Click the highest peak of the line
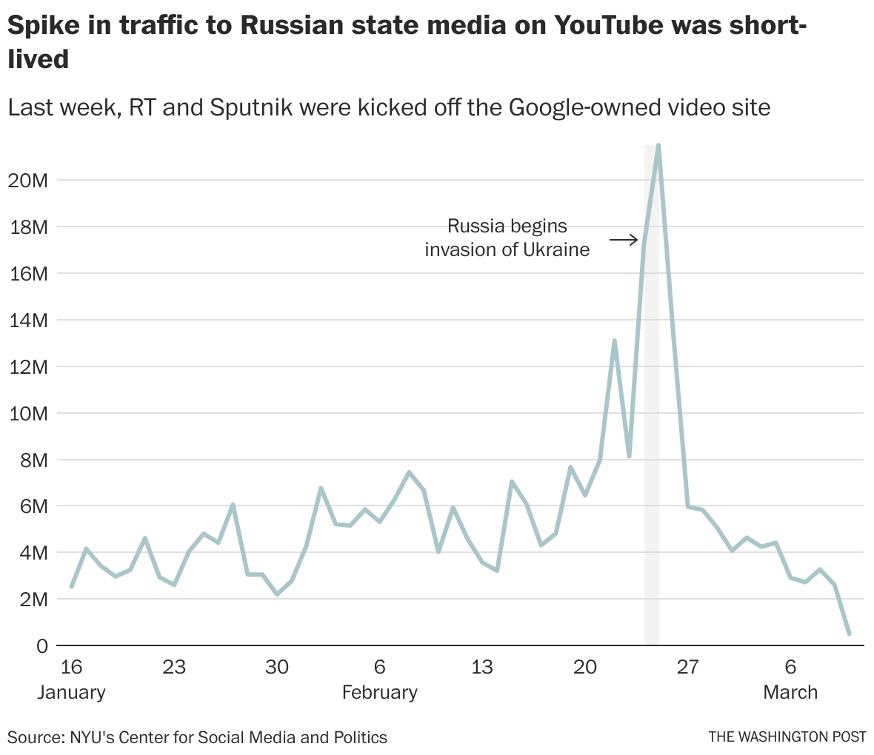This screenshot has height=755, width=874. point(658,146)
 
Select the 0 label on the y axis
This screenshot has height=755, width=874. point(41,646)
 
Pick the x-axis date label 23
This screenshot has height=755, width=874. point(174,667)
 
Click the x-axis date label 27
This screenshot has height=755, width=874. point(688,667)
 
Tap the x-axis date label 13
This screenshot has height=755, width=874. point(482,667)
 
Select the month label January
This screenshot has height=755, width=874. point(71,693)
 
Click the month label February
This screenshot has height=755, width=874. point(379,693)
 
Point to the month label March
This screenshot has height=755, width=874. point(790,693)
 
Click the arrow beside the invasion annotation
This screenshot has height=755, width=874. point(624,240)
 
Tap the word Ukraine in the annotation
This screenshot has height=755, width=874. point(556,249)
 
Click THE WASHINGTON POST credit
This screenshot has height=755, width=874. point(787,736)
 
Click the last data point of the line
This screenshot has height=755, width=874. point(849,634)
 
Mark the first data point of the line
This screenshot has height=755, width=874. point(71,586)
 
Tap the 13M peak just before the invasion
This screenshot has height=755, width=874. point(614,340)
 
